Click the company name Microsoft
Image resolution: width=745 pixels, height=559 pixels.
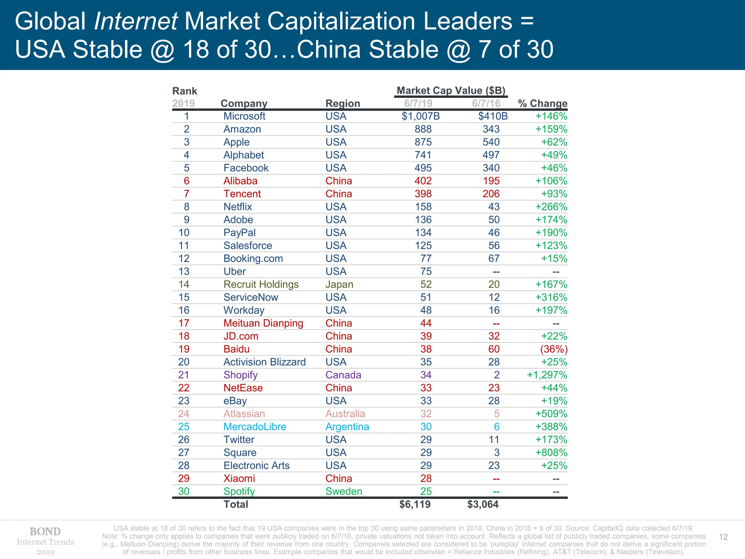click(x=244, y=116)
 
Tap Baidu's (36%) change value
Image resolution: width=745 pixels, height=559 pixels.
click(x=554, y=349)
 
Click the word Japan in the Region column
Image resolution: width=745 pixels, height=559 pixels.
click(x=339, y=284)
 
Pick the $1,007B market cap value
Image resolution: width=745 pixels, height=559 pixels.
click(x=421, y=116)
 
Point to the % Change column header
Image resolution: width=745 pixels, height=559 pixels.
click(x=542, y=103)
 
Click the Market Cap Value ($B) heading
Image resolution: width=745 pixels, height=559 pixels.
click(x=451, y=90)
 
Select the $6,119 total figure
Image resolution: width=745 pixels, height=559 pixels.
click(x=415, y=504)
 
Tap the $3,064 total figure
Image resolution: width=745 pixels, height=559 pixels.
click(x=483, y=504)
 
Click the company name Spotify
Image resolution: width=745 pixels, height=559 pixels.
click(x=239, y=491)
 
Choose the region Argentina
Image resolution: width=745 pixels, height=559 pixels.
click(x=347, y=427)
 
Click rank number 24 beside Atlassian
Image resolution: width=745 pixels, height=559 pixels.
click(x=184, y=414)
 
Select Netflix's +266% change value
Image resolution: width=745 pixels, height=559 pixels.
click(x=551, y=207)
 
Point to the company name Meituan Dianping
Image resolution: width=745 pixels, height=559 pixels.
click(x=263, y=323)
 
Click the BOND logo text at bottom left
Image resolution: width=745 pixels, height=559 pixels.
click(x=45, y=531)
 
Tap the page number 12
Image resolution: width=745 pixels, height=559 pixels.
click(x=723, y=537)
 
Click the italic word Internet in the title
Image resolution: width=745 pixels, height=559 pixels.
click(x=136, y=21)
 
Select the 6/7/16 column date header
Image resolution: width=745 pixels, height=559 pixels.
click(x=486, y=103)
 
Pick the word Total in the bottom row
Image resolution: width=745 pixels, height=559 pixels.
click(x=236, y=504)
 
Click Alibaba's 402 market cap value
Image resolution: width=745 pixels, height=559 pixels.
click(x=423, y=181)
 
